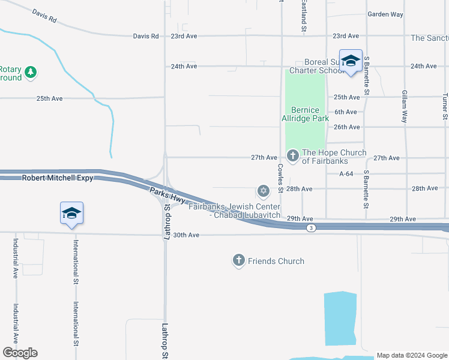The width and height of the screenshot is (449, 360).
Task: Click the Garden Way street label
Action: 385,14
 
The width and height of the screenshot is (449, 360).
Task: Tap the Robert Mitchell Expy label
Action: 58,178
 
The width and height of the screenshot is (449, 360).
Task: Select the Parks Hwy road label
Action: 167,197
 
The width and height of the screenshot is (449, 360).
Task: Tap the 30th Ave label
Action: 185,235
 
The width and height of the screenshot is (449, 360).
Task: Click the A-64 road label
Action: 346,173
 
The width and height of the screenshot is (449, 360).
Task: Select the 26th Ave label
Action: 346,127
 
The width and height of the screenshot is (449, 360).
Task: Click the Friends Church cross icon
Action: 239,260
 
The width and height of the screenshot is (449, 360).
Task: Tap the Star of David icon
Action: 262,191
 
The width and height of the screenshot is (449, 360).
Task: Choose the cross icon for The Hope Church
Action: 293,156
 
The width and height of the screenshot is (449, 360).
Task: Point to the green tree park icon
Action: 31,73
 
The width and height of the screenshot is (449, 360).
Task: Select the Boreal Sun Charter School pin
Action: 351,61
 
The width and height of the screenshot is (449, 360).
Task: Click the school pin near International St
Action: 71,214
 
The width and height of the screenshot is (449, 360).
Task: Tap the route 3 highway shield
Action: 310,228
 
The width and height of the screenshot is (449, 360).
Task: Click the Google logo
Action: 20,353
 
